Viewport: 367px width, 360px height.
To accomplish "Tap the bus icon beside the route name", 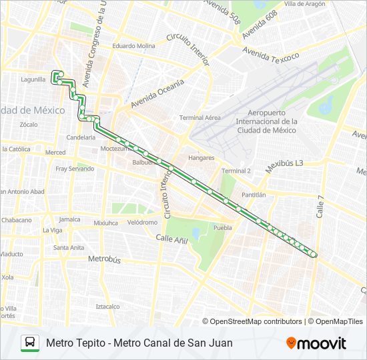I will point(30,343).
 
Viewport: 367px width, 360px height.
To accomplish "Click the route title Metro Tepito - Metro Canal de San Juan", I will point(139,343).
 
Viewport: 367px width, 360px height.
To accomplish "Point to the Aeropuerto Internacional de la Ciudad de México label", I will point(272,121).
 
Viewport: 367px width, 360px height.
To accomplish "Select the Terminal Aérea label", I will point(200,117).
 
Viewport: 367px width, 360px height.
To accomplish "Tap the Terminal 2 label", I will point(236,171).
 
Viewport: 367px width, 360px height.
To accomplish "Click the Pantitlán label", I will point(254,195).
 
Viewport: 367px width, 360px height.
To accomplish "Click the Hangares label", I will point(201,158).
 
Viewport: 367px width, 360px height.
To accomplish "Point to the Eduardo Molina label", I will point(133,46).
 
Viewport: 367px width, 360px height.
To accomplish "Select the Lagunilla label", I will point(33,79).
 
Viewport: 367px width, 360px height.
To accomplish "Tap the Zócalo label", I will point(29,125).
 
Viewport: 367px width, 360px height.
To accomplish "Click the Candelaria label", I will point(81,137).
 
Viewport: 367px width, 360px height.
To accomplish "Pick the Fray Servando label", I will point(75,169).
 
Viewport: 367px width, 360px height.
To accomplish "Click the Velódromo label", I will point(142,222).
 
